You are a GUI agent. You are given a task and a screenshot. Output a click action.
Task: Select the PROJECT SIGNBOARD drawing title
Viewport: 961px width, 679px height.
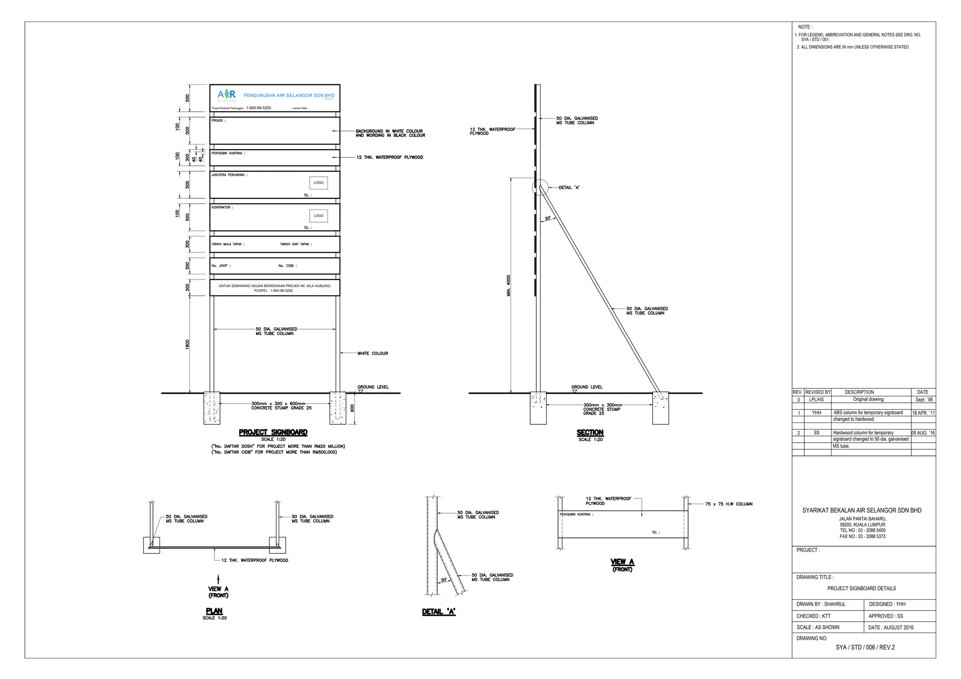[273, 432]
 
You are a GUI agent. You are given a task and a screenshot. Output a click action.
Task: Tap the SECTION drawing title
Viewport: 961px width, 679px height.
[590, 432]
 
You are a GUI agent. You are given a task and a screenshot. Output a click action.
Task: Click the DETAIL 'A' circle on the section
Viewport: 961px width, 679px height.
[540, 187]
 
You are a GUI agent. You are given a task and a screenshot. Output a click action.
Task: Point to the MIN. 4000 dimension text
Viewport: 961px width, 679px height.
[509, 285]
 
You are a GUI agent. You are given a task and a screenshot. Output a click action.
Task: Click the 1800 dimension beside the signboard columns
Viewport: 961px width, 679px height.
[188, 345]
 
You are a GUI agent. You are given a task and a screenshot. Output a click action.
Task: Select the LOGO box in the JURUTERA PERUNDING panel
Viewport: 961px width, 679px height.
[319, 183]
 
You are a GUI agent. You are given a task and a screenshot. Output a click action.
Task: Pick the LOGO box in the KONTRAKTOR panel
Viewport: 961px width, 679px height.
[319, 216]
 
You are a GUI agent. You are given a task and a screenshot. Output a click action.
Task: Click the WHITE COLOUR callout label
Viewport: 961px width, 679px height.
[373, 354]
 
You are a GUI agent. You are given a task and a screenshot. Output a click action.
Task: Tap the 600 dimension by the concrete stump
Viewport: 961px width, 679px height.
[352, 408]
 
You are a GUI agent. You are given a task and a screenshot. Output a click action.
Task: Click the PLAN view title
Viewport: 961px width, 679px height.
[214, 611]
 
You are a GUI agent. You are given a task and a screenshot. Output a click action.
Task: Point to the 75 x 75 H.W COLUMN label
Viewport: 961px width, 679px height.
[728, 504]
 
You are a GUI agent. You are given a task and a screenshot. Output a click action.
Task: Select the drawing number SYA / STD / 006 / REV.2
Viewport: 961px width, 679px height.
[865, 648]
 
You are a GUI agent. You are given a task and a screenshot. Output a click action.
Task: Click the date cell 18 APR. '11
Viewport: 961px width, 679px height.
[923, 413]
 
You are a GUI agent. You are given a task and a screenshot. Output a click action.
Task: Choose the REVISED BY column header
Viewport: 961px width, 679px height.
[818, 392]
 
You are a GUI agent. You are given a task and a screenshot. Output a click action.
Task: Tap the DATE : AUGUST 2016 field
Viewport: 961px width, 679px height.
[891, 627]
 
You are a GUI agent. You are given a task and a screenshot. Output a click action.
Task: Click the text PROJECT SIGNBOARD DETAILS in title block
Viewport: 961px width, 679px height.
[862, 588]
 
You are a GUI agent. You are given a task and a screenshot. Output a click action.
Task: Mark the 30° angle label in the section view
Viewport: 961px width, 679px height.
[548, 219]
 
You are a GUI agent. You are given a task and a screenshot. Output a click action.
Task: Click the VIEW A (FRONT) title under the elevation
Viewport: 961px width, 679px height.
[622, 565]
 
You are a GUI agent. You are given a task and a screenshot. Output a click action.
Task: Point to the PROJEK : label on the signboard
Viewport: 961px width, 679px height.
[218, 121]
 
